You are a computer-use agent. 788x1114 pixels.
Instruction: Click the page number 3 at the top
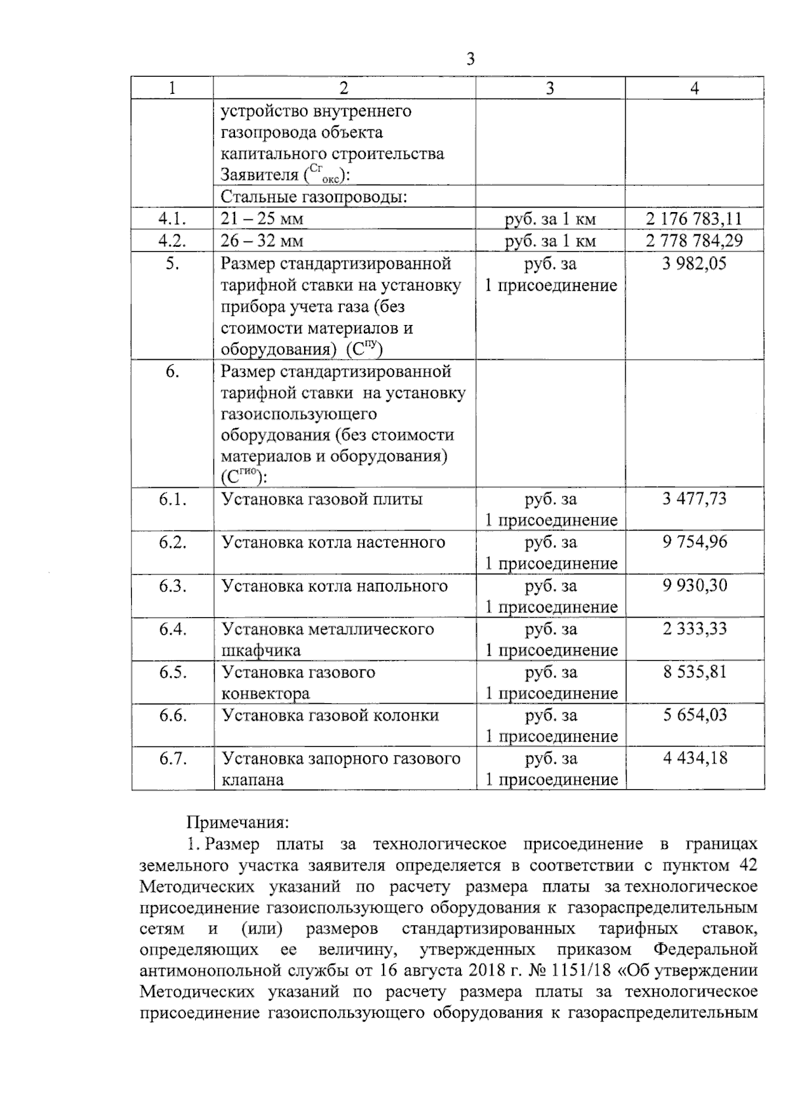470,60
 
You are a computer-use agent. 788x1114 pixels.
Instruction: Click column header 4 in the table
694,89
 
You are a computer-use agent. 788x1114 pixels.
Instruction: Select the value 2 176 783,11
694,219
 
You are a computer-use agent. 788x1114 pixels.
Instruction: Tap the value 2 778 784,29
694,240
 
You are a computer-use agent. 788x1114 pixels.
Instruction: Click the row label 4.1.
172,219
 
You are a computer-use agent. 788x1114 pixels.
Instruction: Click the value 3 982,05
694,264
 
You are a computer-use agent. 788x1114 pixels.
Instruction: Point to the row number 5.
172,264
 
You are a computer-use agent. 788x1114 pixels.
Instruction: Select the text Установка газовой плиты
322,499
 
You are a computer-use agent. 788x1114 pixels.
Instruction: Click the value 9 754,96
694,542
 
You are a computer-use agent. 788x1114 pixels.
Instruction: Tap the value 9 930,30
694,586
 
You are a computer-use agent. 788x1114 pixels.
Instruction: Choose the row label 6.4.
172,629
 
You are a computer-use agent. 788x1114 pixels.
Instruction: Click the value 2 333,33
694,629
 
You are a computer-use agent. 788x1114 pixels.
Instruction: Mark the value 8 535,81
694,672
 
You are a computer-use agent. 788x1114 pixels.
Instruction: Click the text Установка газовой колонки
330,716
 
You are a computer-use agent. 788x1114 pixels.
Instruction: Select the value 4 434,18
694,758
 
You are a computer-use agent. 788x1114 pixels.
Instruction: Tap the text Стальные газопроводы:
313,196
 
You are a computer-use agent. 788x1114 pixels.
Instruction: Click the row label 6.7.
172,758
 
